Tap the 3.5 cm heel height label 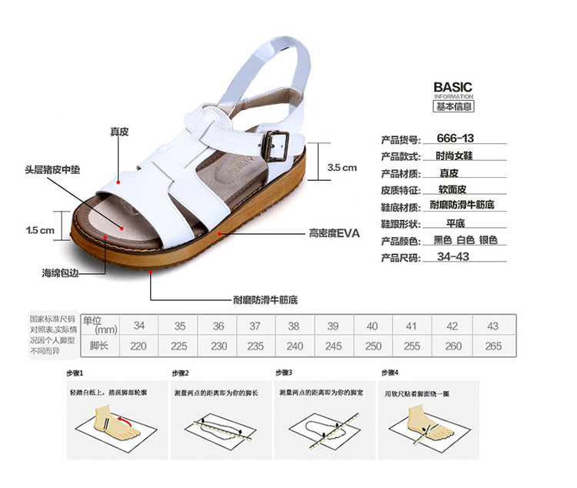342,167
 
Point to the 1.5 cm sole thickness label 40,230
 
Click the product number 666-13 455,139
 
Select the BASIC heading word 452,87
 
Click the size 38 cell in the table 293,326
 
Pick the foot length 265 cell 493,346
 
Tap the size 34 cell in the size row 138,326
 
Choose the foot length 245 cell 333,346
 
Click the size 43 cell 493,326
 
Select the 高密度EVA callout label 334,232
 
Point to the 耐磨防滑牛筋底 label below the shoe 265,299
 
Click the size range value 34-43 453,257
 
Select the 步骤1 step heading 73,373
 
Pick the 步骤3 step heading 284,373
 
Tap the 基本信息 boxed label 454,106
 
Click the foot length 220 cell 138,346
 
